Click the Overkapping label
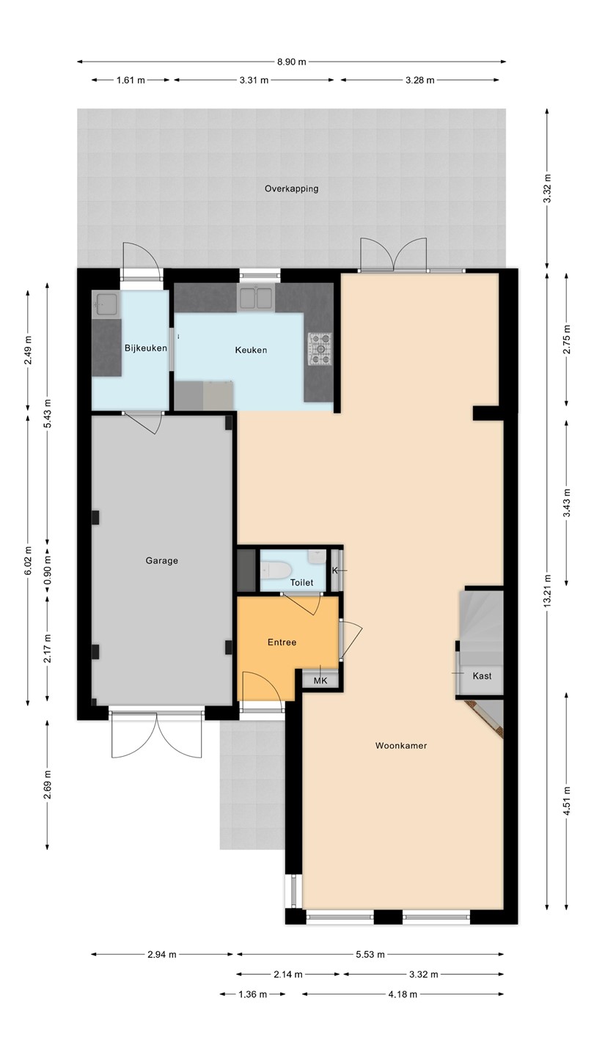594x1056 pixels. (x=291, y=189)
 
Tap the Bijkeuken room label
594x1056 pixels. (x=146, y=348)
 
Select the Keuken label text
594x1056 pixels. (x=251, y=350)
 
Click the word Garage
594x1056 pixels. (x=161, y=560)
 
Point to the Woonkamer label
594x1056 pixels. (x=401, y=745)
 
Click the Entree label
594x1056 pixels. (x=282, y=642)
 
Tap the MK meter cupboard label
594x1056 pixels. (x=320, y=681)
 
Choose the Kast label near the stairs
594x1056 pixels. (x=482, y=676)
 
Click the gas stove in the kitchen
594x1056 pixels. (x=320, y=349)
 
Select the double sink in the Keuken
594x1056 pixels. (x=256, y=298)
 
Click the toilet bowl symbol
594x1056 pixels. (x=275, y=570)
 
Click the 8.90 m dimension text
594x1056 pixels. (x=291, y=62)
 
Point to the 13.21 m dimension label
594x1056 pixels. (x=547, y=591)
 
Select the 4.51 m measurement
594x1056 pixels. (x=567, y=801)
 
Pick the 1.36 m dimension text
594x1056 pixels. (x=253, y=994)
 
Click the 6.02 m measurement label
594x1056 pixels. (x=28, y=560)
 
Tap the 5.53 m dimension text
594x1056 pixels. (x=370, y=955)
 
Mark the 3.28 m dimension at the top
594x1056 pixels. (x=419, y=80)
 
